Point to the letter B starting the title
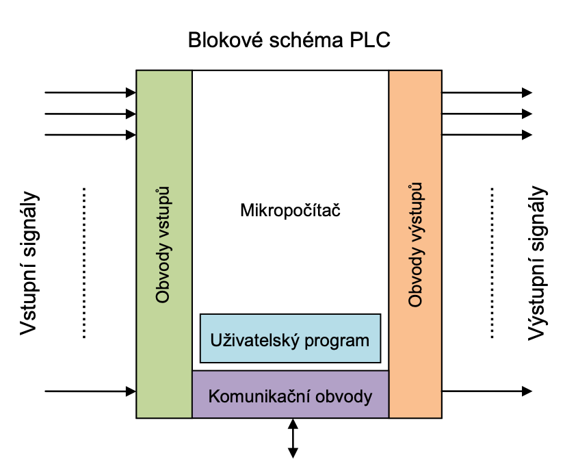pos(194,40)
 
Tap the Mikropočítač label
pos(290,210)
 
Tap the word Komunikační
pos(254,396)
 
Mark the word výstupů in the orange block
pos(415,208)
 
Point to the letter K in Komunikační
pos(213,396)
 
